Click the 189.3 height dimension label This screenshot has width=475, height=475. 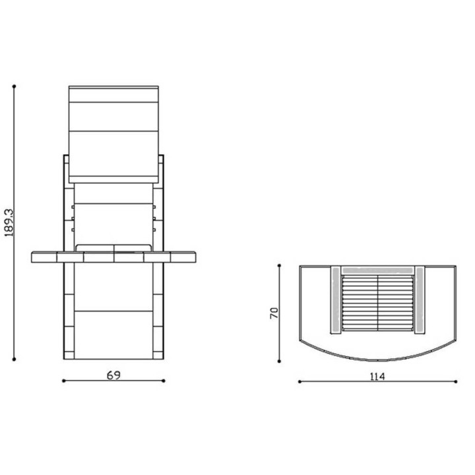coord(9,223)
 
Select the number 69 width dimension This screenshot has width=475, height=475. coord(113,375)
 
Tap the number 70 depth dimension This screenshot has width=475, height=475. coord(274,313)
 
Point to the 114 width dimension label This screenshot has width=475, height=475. coord(377,377)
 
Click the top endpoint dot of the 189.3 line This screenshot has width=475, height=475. coord(14,86)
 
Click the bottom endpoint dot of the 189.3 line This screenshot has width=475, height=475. coord(14,360)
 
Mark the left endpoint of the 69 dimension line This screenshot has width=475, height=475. coord(63,381)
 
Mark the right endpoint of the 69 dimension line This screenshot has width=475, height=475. coord(164,381)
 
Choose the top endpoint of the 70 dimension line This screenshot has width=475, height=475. coord(279,266)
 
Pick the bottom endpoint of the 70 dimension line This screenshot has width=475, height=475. coord(279,361)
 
